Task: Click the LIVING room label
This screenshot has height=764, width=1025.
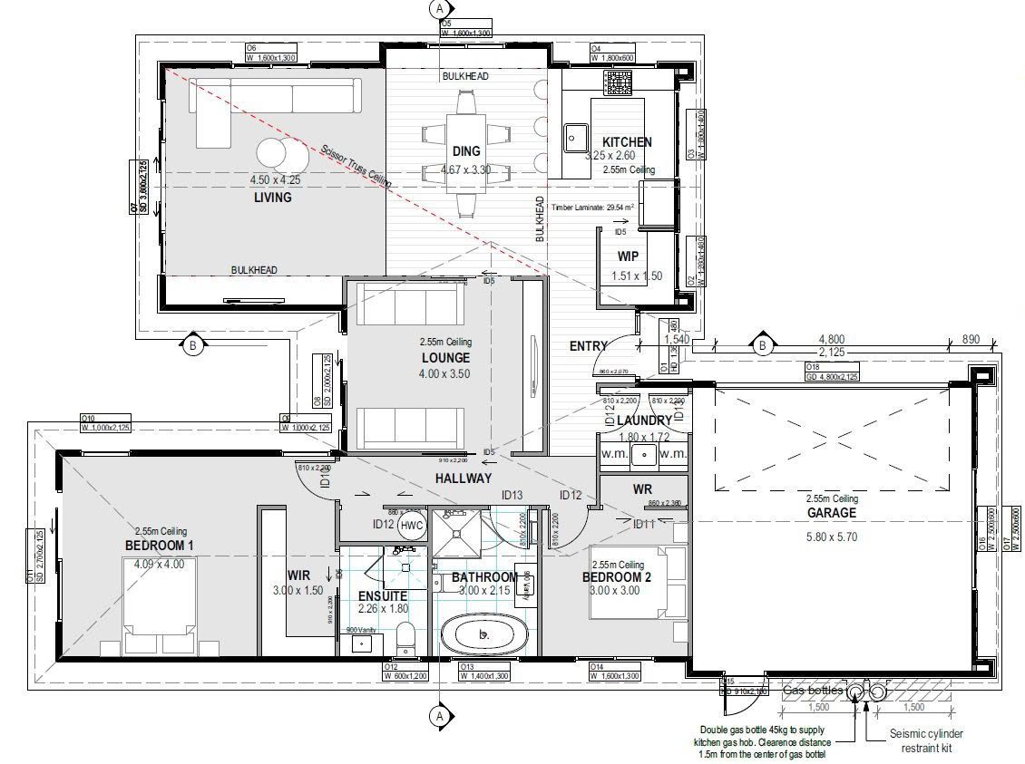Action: click(272, 197)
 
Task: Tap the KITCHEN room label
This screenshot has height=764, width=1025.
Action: click(627, 142)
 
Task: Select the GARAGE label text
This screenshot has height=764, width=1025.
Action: click(832, 512)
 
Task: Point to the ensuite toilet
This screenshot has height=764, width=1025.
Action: click(406, 636)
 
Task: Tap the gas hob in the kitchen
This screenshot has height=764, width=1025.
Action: click(619, 86)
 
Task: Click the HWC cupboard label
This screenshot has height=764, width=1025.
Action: click(412, 525)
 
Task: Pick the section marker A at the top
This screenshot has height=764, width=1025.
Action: click(440, 8)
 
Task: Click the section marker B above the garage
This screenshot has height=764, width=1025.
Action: click(763, 344)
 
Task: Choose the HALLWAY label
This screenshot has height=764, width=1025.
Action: click(463, 478)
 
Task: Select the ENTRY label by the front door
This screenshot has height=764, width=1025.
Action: click(588, 345)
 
